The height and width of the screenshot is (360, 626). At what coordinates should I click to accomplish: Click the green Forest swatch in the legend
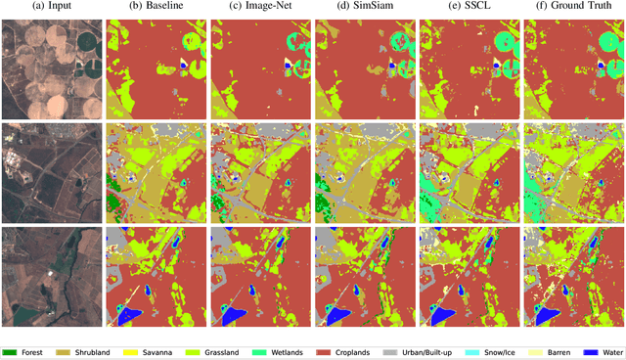click(13, 351)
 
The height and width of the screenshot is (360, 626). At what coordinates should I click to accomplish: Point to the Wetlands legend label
click(285, 351)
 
